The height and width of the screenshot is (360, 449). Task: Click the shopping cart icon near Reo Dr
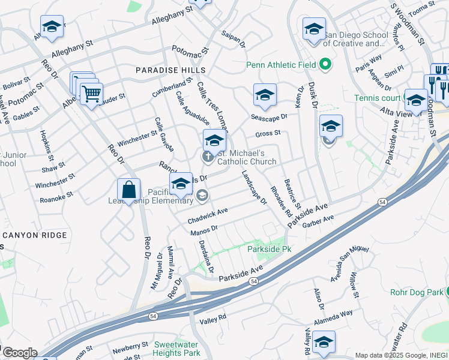click(91, 94)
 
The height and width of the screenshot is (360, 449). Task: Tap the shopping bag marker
click(128, 190)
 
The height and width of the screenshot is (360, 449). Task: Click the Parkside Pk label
click(270, 248)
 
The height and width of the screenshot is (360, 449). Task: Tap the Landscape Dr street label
click(254, 187)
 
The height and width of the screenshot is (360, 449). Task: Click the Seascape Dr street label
click(266, 117)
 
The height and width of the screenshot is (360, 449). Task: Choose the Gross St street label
click(268, 133)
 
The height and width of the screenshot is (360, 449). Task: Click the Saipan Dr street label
click(234, 40)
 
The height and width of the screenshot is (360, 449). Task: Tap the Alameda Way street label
click(338, 314)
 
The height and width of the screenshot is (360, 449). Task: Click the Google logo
click(19, 353)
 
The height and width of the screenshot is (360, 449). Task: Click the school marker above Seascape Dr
click(265, 95)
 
